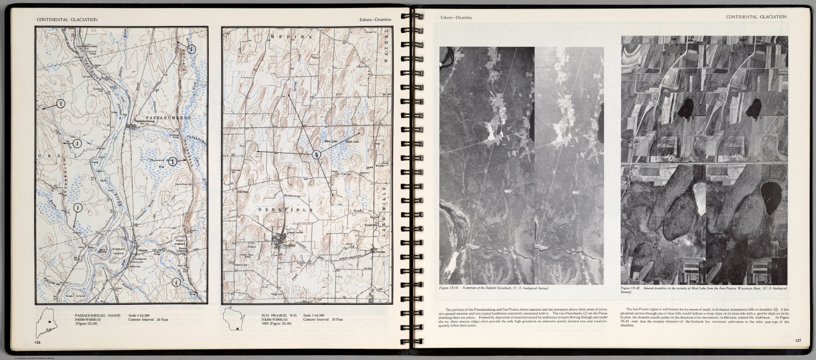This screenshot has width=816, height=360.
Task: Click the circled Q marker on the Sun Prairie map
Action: coord(317,155)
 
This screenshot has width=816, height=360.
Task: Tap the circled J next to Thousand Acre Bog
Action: coord(173,161)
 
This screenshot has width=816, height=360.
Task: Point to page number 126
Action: coord(37,342)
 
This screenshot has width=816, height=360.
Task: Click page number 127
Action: coord(798,340)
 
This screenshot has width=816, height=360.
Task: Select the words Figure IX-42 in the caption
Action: coord(632,288)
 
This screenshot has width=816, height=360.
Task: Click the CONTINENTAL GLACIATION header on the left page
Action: coord(67,19)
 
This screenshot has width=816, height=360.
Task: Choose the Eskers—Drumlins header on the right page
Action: coord(456,18)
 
